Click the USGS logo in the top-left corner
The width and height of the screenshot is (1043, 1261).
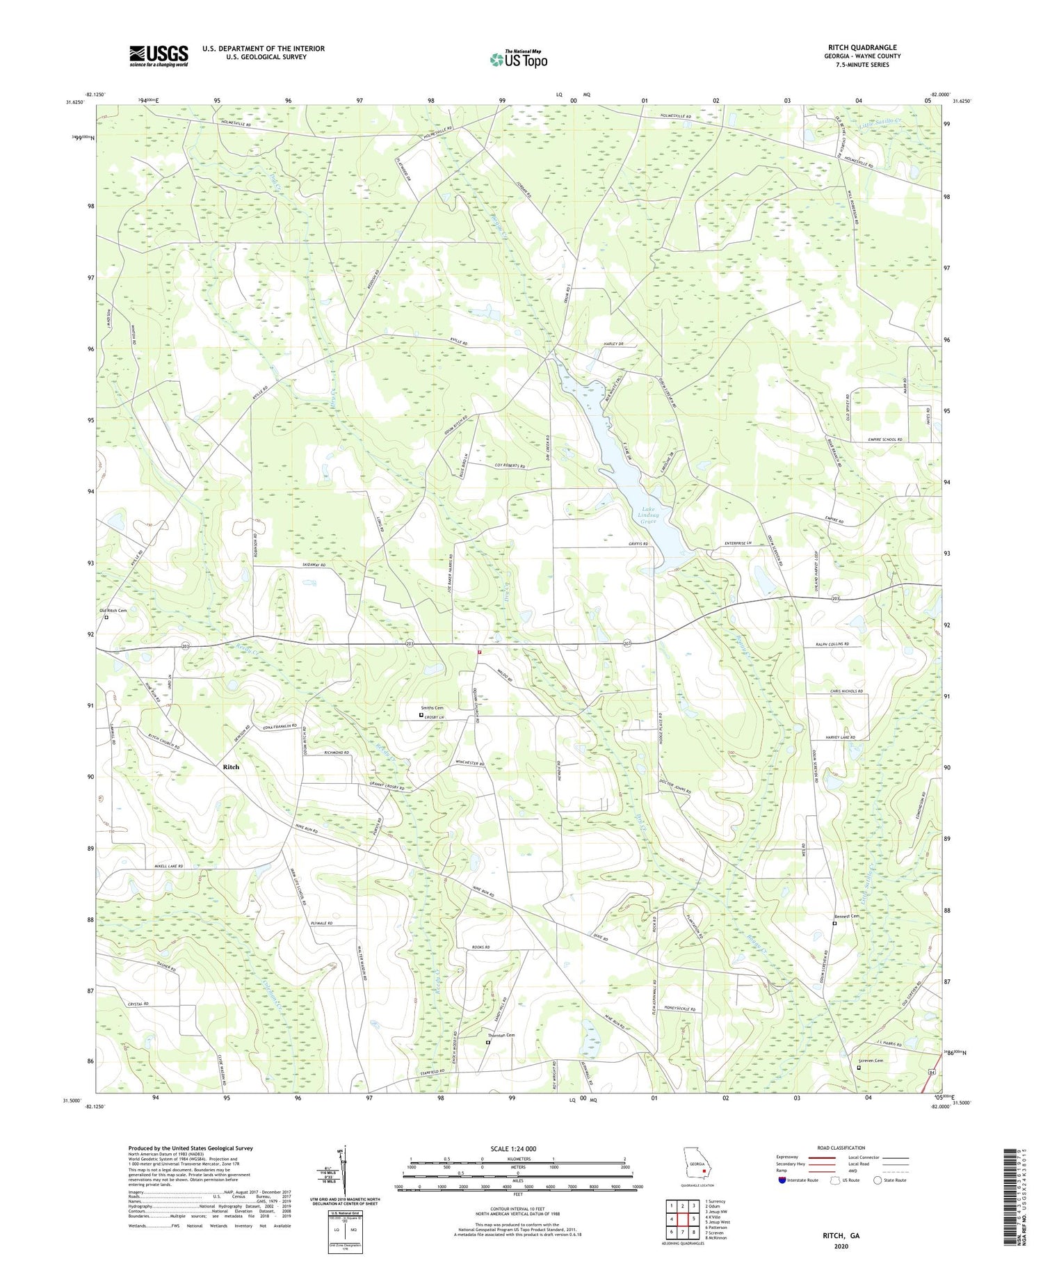point(159,56)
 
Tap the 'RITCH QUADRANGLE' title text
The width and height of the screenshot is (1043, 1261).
point(862,47)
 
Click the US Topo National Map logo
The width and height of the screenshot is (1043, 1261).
point(517,59)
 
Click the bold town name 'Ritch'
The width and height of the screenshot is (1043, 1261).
point(231,766)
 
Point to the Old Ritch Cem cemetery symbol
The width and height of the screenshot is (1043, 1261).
point(106,617)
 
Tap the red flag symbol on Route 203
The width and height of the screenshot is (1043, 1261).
point(479,652)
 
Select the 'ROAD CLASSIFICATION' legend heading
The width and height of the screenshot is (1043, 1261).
point(841,1148)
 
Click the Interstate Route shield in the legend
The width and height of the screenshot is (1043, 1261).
point(783,1180)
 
